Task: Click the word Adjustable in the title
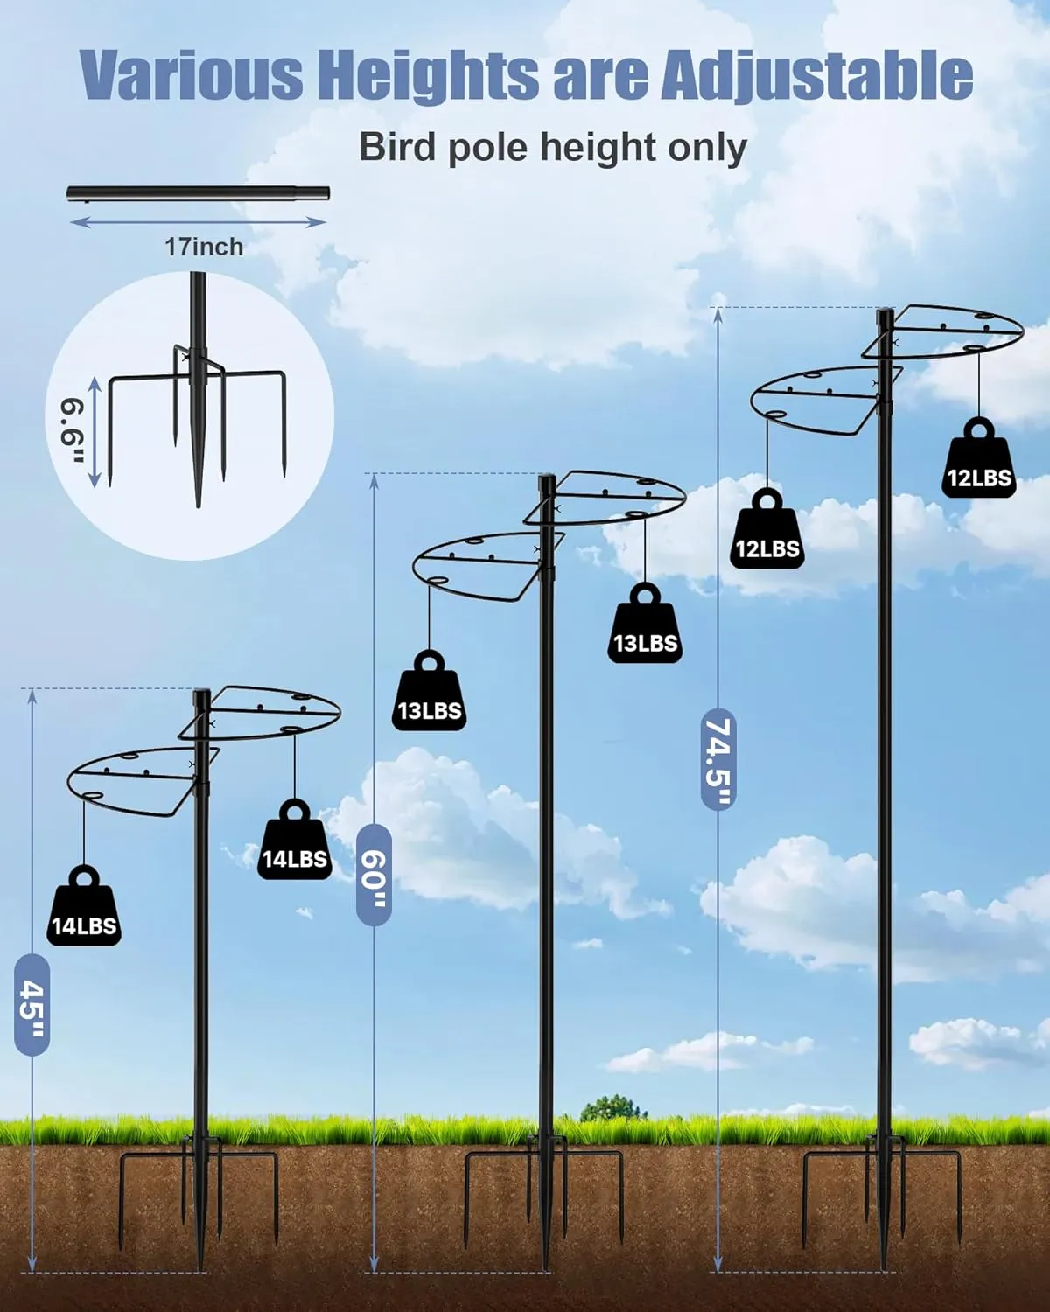(815, 75)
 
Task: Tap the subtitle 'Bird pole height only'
(552, 147)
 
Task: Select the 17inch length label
(204, 247)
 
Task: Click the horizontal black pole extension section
(198, 193)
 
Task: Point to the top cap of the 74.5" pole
(885, 315)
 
